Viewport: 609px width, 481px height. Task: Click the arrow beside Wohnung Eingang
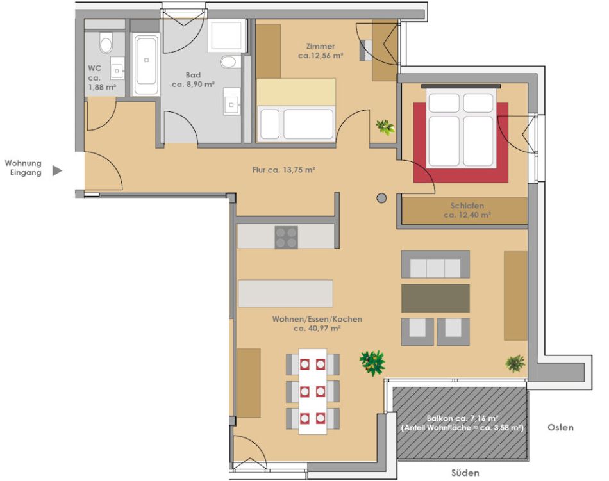57,170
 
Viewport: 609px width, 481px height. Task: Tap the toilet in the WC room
106,43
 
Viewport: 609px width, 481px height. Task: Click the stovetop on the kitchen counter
287,237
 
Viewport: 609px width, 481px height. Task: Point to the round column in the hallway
381,198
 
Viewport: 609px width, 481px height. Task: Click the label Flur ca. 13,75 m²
283,170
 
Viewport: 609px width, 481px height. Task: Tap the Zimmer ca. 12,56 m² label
321,51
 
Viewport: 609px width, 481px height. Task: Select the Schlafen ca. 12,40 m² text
467,210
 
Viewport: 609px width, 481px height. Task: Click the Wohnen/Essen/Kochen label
317,319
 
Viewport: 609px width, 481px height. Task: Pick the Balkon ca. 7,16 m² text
463,418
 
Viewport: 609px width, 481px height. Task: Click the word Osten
560,427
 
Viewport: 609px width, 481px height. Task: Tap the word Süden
465,473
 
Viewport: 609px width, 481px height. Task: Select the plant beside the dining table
372,363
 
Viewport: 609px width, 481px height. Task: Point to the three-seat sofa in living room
435,265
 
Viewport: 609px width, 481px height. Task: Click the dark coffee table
435,298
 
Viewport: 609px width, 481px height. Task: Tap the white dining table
313,391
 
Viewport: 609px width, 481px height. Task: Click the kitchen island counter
285,293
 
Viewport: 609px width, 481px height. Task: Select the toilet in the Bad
228,62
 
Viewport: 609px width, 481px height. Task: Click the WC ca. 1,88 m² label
102,77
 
